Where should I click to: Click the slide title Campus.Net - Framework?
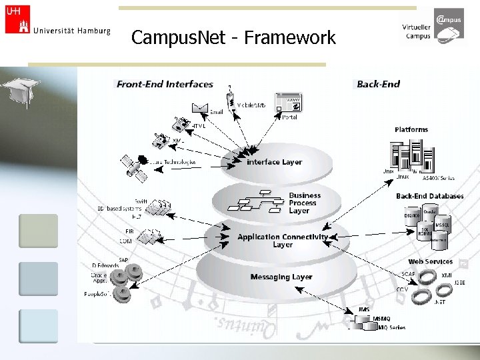pos(233,38)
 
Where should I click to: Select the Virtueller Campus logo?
pos(433,27)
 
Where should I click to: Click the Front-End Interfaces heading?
pos(165,84)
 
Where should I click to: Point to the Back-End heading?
pos(378,84)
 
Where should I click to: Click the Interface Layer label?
pos(274,162)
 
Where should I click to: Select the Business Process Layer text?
pos(304,203)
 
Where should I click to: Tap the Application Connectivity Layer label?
pos(283,241)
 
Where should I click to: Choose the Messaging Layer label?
pos(281,277)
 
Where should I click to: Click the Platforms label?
pos(411,129)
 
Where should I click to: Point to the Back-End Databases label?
pos(429,196)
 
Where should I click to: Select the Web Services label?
pos(430,261)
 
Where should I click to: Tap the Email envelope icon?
pos(200,108)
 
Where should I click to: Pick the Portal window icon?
pos(289,103)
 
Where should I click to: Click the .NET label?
pos(439,302)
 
